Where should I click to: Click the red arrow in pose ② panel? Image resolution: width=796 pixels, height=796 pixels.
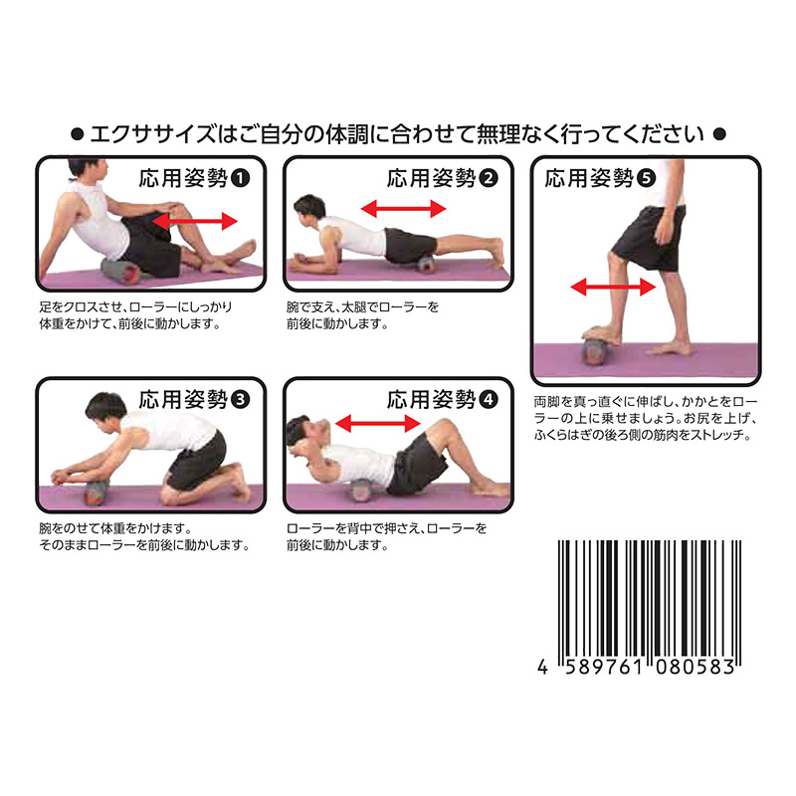pyautogui.click(x=402, y=208)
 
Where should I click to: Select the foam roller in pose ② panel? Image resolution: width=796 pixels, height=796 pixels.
pyautogui.click(x=426, y=265)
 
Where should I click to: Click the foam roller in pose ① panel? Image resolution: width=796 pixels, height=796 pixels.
pyautogui.click(x=123, y=270)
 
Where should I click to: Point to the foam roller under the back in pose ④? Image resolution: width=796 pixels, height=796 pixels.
pyautogui.click(x=361, y=489)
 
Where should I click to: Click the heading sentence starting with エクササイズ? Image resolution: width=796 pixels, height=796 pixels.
pyautogui.click(x=397, y=132)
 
